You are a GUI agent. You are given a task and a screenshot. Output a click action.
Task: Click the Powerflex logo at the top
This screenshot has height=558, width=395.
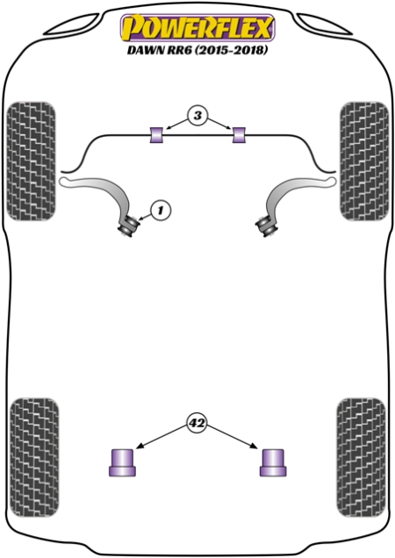pyautogui.click(x=197, y=28)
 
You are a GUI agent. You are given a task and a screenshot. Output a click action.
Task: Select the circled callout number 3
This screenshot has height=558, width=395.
pyautogui.click(x=197, y=116)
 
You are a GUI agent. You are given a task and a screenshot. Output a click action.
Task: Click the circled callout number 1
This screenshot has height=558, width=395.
pyautogui.click(x=161, y=211)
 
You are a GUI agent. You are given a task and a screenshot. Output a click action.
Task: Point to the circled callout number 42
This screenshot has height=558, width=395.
pyautogui.click(x=197, y=423)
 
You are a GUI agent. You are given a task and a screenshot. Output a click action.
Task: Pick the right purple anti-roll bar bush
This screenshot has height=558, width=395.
pyautogui.click(x=239, y=135)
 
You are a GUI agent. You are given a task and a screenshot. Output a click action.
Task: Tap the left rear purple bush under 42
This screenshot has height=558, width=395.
pyautogui.click(x=122, y=462)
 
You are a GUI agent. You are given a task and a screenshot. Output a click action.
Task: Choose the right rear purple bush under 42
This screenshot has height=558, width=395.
pyautogui.click(x=273, y=462)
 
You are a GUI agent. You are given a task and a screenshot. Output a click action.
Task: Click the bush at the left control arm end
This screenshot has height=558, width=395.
pyautogui.click(x=128, y=225)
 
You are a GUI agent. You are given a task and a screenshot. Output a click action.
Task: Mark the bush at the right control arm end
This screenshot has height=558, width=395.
pyautogui.click(x=266, y=225)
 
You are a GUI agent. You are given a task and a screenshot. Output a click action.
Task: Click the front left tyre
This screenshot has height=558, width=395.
pyautogui.click(x=32, y=161)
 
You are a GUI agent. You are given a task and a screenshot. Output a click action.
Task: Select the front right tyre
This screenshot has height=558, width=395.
pyautogui.click(x=364, y=161)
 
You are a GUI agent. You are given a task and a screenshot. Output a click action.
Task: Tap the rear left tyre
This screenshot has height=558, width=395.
pyautogui.click(x=34, y=457)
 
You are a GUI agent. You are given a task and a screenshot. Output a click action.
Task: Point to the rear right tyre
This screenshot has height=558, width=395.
pyautogui.click(x=361, y=457)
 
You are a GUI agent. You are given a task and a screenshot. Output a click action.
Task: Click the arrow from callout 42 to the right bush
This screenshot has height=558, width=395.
pyautogui.click(x=232, y=437)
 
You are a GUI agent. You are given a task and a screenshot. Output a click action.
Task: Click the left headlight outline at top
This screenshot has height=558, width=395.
pyautogui.click(x=71, y=25)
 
